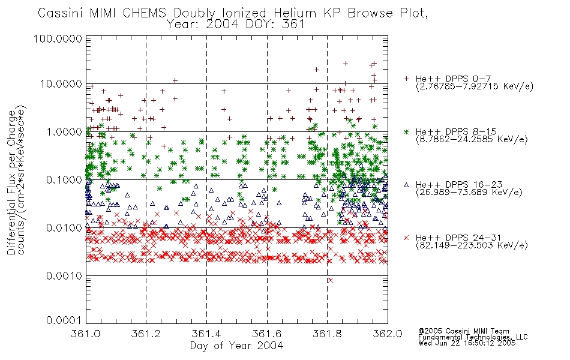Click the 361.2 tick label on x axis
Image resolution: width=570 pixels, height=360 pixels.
coord(146,334)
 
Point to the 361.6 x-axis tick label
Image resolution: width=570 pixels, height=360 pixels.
coord(267,334)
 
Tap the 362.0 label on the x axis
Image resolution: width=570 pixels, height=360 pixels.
coord(388,334)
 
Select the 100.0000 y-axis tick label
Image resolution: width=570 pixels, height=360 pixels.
coord(58,38)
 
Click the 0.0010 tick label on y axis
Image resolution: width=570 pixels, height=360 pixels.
coord(64,276)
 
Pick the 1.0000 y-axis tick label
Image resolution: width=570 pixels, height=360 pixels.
coord(64,131)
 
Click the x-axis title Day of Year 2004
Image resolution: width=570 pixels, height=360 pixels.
coord(236,346)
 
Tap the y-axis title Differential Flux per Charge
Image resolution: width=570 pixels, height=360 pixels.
coord(11,182)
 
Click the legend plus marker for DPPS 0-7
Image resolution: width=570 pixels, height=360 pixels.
coord(406,79)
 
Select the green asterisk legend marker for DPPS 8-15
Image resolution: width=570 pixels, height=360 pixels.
coord(406,131)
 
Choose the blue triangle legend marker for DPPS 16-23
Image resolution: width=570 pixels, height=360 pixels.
coord(406,185)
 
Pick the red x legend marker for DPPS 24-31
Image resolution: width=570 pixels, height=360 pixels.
coord(406,238)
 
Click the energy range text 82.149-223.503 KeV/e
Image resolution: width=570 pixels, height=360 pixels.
coord(472,245)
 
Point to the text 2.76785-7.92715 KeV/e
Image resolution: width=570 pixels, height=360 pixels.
coord(475,86)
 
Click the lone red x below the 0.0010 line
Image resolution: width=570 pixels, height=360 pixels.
coord(331,280)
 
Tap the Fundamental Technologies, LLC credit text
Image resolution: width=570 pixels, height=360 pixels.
coord(473,337)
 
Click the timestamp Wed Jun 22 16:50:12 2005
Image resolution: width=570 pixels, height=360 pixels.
coord(467,343)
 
